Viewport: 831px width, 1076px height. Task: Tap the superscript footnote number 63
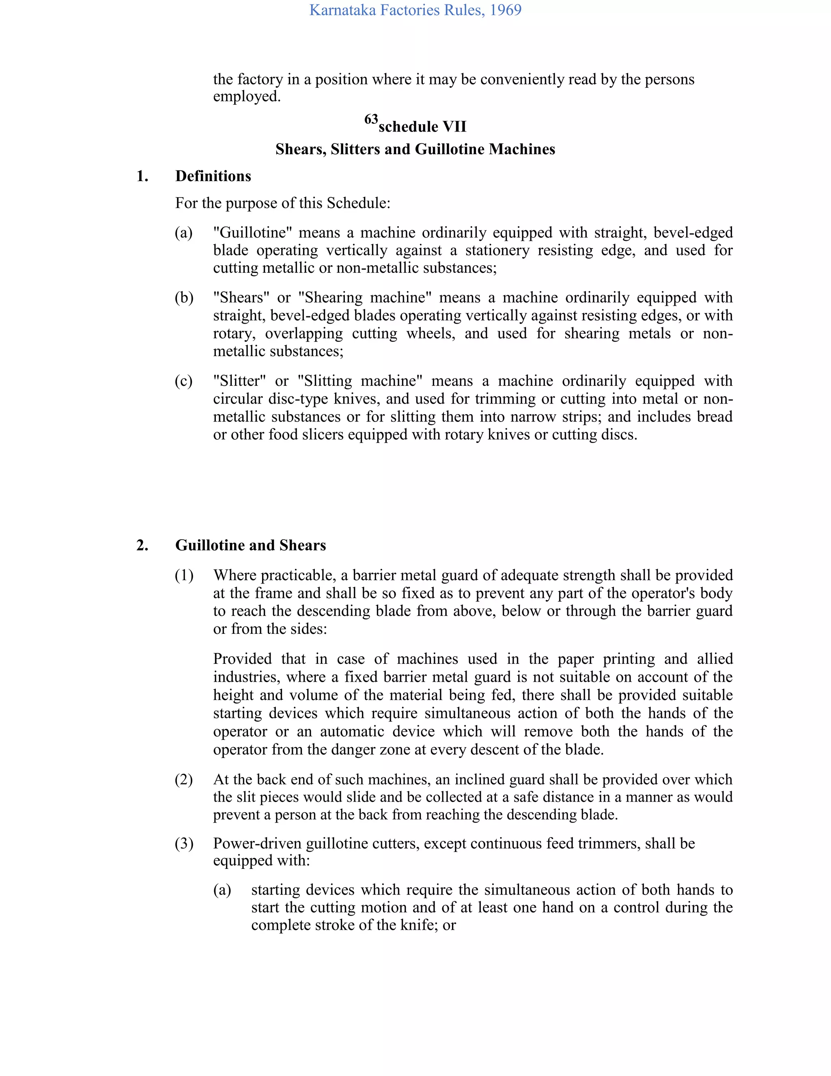coord(371,119)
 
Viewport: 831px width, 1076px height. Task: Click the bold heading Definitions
coord(213,176)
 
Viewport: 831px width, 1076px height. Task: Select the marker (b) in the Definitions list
coord(184,298)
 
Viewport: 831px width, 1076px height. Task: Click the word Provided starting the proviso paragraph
coord(242,659)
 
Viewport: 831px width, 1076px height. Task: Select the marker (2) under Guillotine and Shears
coord(184,780)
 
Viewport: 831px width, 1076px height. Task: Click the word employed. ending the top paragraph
coord(247,97)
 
